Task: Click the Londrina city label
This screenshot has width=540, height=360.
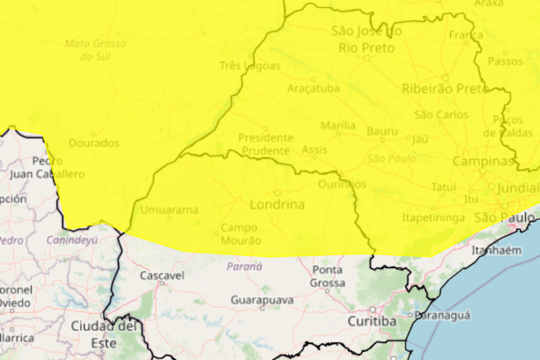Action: pos(277,205)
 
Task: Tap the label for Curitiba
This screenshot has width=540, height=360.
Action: pos(372,321)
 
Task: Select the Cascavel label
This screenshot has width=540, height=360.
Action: pos(162,276)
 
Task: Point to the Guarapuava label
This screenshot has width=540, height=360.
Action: pos(262,300)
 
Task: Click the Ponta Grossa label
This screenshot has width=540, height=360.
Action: pos(327,276)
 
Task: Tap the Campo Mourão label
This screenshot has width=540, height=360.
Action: pos(241,234)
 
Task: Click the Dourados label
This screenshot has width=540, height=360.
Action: pos(94,143)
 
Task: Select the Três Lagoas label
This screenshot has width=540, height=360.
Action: pos(250,66)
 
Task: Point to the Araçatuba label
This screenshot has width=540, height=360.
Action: pos(313,89)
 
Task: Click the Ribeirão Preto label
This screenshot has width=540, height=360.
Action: pos(445,89)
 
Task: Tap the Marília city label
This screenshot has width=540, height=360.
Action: pos(338,125)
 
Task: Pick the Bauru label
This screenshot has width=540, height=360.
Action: pos(382,131)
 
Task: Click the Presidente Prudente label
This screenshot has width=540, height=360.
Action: pos(266,144)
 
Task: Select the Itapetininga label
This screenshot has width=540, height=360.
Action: pos(433,218)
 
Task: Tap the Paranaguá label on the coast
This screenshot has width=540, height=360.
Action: pos(444,315)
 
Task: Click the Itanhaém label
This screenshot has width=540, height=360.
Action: pos(497,250)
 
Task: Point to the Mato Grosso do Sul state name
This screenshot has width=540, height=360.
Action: pos(96,50)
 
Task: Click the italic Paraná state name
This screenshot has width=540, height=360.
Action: pos(244,266)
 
